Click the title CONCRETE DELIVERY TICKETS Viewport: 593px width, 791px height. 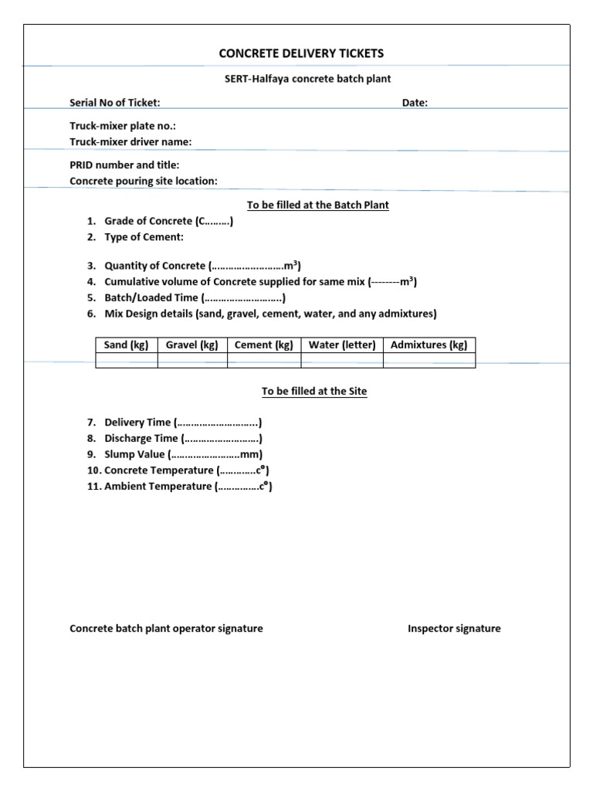pyautogui.click(x=301, y=53)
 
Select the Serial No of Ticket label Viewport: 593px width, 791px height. pyautogui.click(x=115, y=103)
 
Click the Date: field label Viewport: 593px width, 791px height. pyautogui.click(x=415, y=103)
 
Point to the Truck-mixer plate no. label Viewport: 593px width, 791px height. pyautogui.click(x=127, y=126)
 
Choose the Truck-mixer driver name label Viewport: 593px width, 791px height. pyautogui.click(x=130, y=141)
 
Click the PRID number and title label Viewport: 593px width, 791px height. pyautogui.click(x=124, y=165)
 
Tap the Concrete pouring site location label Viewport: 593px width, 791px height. pyautogui.click(x=144, y=181)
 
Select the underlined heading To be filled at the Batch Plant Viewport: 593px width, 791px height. pyautogui.click(x=317, y=205)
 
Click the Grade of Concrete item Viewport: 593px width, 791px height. pyautogui.click(x=168, y=221)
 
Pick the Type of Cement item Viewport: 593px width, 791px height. pyautogui.click(x=144, y=237)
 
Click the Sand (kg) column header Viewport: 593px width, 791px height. pyautogui.click(x=127, y=345)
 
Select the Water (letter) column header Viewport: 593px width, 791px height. pyautogui.click(x=342, y=345)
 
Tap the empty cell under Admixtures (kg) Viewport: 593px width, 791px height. pyautogui.click(x=429, y=361)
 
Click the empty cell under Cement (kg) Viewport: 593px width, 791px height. pyautogui.click(x=264, y=361)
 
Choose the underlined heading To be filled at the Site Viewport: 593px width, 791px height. pyautogui.click(x=314, y=392)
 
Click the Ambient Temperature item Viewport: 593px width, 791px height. pyautogui.click(x=188, y=487)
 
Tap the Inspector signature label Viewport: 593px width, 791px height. pyautogui.click(x=454, y=629)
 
